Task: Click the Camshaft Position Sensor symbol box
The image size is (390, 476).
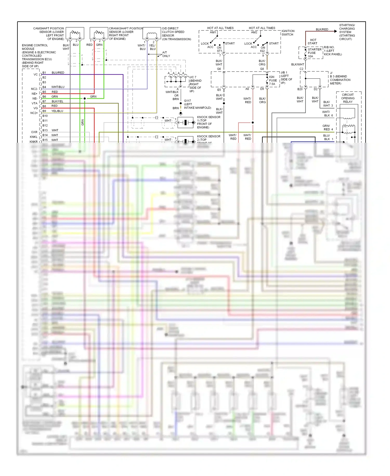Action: (75, 33)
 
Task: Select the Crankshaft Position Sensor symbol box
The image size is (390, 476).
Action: (99, 33)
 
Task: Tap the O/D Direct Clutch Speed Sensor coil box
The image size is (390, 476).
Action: (152, 33)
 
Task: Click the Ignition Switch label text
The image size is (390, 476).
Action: (288, 33)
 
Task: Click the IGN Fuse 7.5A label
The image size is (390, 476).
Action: (273, 80)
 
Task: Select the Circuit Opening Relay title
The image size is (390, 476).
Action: (348, 98)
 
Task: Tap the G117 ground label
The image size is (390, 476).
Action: (187, 101)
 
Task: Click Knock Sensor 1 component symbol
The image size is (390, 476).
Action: (185, 122)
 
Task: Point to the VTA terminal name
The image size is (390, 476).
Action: (35, 103)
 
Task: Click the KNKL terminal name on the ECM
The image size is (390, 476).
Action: (34, 137)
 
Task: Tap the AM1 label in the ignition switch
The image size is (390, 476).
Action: (213, 33)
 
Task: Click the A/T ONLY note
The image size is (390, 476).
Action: (166, 54)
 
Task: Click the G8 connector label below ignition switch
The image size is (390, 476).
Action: (262, 69)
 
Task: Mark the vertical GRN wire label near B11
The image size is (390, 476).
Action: (83, 122)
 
